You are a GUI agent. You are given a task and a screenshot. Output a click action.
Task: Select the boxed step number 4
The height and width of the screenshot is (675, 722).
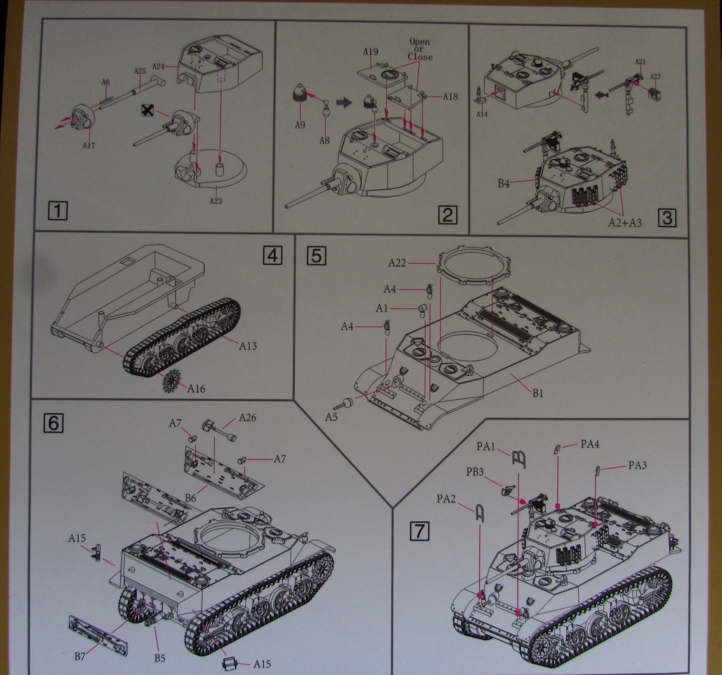[x=272, y=256]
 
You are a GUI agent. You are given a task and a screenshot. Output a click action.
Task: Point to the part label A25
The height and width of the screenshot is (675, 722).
[x=140, y=71]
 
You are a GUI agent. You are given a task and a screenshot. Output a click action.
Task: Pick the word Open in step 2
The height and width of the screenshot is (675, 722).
[x=419, y=42]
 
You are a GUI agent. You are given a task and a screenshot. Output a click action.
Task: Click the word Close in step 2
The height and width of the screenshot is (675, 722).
[x=420, y=57]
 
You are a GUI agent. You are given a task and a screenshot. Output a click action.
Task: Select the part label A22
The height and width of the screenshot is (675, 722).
[x=398, y=263]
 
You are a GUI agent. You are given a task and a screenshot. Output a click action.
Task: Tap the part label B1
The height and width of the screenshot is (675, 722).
[x=538, y=393]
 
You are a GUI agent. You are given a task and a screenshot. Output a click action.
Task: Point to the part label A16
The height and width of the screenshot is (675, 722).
[x=196, y=388]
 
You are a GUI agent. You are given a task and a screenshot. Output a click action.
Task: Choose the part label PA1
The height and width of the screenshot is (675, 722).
[x=485, y=446]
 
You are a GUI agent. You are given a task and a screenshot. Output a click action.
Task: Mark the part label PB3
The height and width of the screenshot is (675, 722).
[x=475, y=471]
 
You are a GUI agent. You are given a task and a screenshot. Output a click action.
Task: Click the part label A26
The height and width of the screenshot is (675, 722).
[x=247, y=417]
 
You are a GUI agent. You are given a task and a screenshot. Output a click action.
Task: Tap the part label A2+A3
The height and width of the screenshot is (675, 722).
[x=625, y=223]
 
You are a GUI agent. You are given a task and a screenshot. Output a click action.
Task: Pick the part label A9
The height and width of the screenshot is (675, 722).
[x=300, y=125]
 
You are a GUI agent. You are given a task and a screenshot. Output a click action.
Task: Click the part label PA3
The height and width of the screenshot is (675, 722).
[x=637, y=465]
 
